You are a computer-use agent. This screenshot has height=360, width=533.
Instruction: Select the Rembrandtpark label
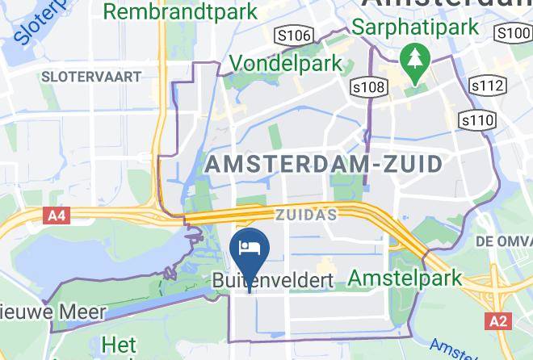click(180, 12)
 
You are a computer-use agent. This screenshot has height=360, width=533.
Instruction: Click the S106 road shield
click(293, 35)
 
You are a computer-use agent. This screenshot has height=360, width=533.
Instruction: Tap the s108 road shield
click(368, 86)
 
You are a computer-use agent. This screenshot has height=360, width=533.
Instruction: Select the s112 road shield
click(487, 85)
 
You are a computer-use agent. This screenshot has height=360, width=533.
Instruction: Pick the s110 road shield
click(476, 119)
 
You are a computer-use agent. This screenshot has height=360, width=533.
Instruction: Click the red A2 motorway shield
click(499, 321)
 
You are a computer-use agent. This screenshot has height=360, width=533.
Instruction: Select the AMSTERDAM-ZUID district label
click(323, 165)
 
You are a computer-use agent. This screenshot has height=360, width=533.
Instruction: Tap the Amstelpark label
click(405, 278)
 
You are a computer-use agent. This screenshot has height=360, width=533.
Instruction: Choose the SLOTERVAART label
click(91, 77)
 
